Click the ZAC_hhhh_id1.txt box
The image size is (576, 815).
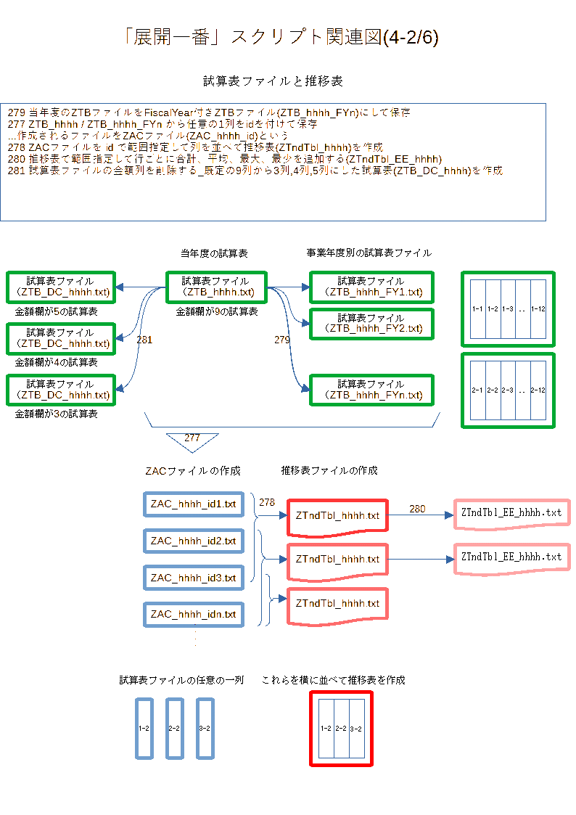click(x=194, y=504)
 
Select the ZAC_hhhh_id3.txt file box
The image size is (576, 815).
click(x=194, y=578)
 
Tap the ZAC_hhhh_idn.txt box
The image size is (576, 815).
click(x=194, y=615)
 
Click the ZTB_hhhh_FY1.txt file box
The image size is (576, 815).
click(x=371, y=287)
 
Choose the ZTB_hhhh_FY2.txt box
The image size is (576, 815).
click(x=371, y=323)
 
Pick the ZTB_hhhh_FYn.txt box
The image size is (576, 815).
click(x=371, y=390)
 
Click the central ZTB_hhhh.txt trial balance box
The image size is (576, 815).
click(x=217, y=287)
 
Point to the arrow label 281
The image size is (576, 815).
click(x=144, y=340)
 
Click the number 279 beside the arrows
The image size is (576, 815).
click(x=282, y=340)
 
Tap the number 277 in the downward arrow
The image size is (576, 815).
click(x=192, y=438)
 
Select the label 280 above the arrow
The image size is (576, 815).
click(x=417, y=509)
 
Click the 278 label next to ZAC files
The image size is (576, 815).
click(x=267, y=502)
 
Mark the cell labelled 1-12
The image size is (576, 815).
click(x=538, y=309)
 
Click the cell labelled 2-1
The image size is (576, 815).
click(x=477, y=390)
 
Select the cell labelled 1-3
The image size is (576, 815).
click(x=508, y=309)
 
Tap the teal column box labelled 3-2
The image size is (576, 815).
click(x=205, y=728)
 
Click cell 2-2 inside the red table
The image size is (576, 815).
click(x=340, y=728)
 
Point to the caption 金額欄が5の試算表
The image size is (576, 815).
click(x=57, y=311)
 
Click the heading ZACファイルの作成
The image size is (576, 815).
click(x=193, y=471)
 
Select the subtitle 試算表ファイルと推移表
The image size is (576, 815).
click(x=273, y=81)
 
